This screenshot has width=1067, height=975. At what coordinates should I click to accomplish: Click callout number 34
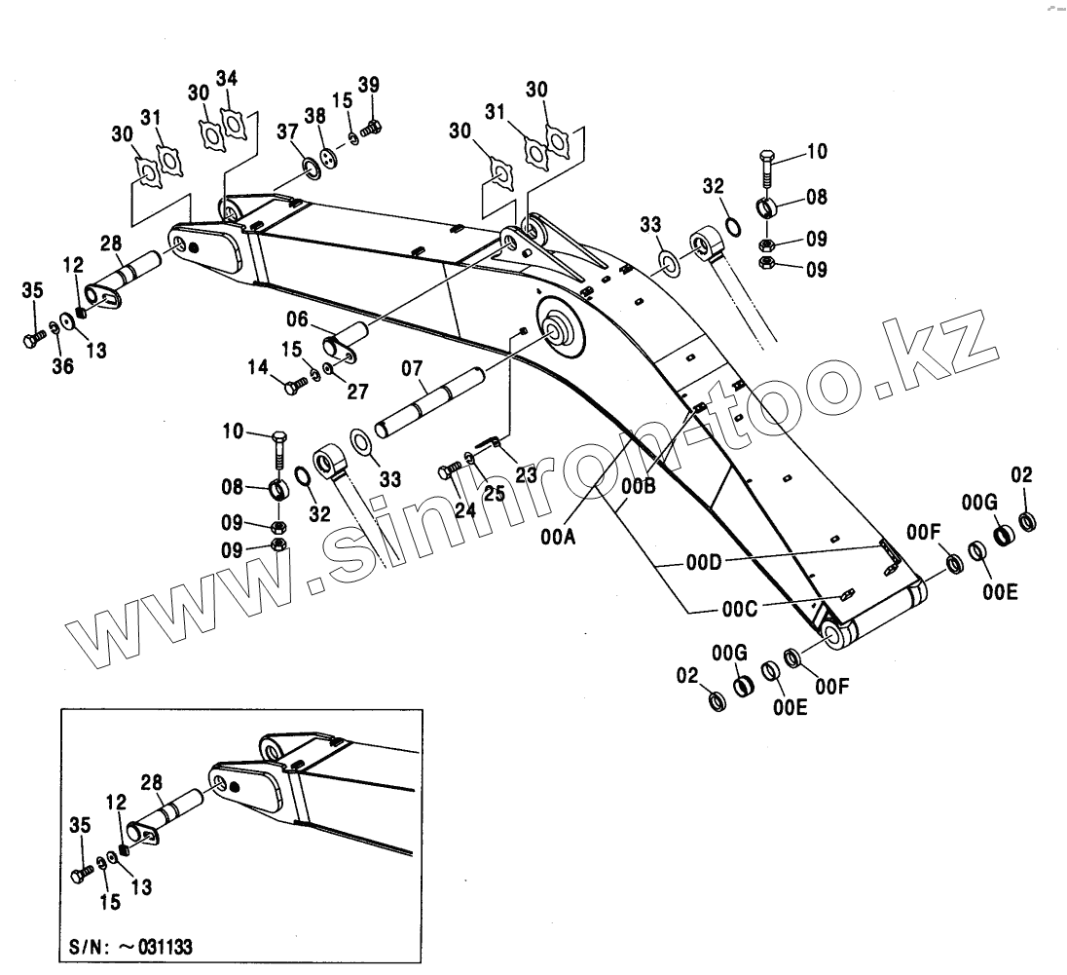(227, 78)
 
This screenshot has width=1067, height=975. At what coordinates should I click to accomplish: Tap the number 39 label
(368, 84)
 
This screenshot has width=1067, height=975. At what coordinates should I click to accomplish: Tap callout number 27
(357, 392)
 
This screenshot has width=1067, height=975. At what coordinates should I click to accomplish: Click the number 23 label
(527, 476)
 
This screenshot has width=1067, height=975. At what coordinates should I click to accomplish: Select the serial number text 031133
(166, 946)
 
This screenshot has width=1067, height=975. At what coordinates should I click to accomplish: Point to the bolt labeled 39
(372, 128)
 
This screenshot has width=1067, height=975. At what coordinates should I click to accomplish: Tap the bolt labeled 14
(293, 388)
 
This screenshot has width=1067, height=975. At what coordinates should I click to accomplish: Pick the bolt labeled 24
(450, 471)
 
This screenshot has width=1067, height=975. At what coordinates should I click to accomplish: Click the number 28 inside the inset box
(151, 781)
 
